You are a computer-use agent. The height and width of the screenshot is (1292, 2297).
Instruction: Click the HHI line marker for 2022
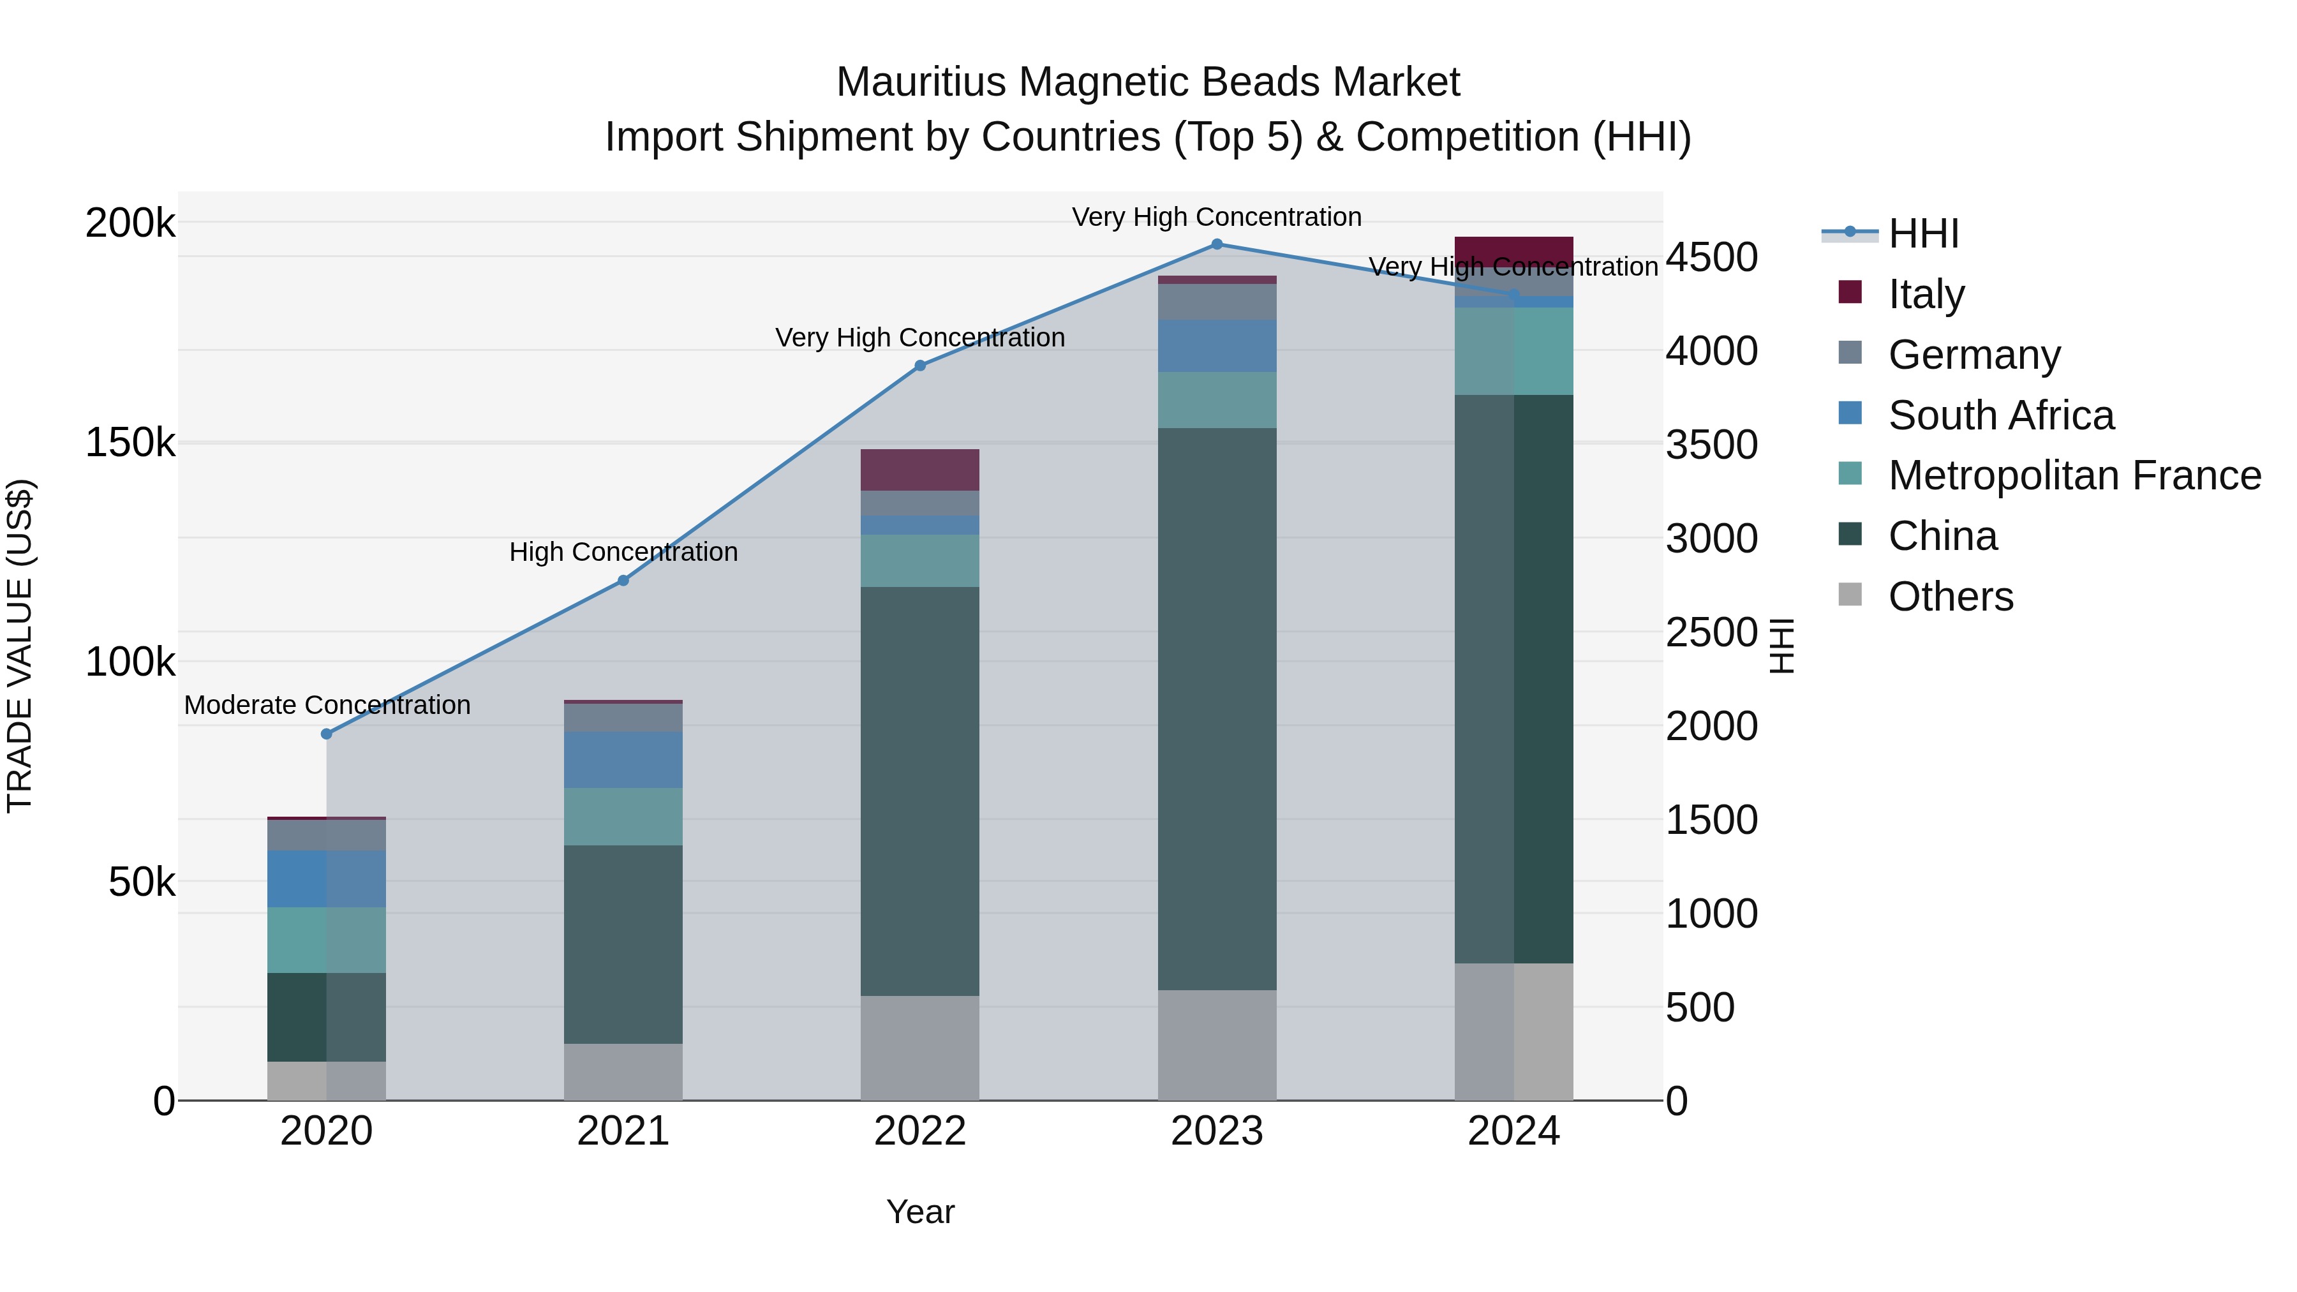coord(920,366)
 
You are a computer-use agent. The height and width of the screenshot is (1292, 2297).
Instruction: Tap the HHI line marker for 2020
coord(326,734)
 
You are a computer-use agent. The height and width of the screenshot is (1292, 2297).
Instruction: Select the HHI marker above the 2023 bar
coord(1217,244)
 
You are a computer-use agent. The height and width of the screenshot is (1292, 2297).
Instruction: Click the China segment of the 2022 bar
coord(920,791)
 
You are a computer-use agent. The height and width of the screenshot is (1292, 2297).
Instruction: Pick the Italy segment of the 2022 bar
coord(920,470)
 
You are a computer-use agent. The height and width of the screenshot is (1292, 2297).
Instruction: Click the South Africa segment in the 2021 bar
coord(623,760)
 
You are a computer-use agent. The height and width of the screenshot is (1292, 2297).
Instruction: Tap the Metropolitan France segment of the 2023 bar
coord(1217,399)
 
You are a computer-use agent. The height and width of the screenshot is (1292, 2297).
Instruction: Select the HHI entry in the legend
coord(1922,234)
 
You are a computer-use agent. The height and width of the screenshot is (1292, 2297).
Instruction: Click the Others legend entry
coord(1949,597)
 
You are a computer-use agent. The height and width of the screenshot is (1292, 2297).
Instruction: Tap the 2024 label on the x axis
coord(1513,1131)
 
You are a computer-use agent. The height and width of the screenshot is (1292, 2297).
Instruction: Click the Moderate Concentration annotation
coord(327,705)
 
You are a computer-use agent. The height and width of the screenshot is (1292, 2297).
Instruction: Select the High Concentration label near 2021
coord(623,552)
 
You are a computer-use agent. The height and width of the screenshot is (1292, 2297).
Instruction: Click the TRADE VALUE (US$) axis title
coord(20,646)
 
